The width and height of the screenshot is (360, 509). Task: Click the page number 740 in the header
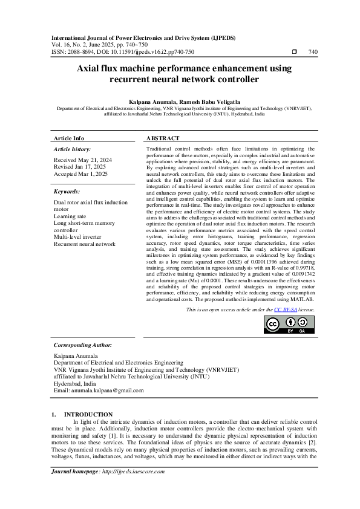312,52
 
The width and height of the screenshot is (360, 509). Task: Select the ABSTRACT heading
163,138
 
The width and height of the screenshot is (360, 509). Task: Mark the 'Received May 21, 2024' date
82,160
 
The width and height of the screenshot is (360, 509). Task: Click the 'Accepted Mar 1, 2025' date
80,173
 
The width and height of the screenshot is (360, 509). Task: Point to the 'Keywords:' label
67,192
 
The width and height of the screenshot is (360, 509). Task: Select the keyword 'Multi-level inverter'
77,237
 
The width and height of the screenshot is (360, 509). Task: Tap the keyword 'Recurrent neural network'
84,244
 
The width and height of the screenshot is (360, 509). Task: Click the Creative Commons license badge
290,325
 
